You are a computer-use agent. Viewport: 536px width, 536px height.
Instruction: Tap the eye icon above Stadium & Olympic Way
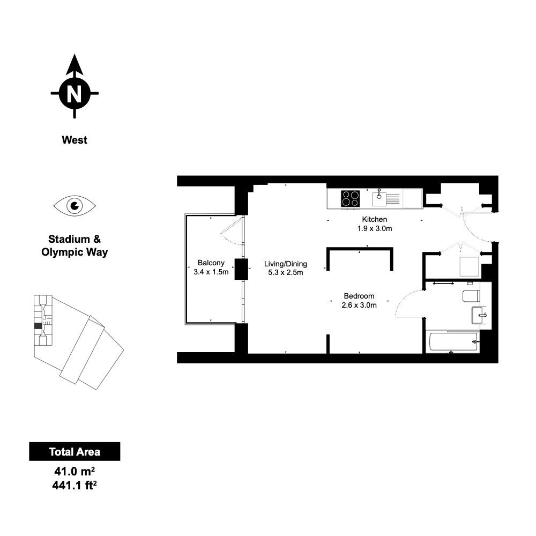point(75,206)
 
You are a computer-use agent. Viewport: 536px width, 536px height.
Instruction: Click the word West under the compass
point(75,140)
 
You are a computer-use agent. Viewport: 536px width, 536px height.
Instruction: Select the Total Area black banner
point(75,451)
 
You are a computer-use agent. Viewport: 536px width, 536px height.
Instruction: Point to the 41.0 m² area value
point(75,472)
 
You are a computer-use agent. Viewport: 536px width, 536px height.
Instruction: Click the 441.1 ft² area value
point(75,485)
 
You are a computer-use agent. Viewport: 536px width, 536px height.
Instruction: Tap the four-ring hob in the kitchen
point(351,199)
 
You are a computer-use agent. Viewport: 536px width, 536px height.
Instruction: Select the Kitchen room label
point(375,219)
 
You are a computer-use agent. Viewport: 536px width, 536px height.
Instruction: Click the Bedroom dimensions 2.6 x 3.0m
point(359,306)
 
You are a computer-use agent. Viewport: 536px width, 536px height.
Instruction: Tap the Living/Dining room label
point(286,264)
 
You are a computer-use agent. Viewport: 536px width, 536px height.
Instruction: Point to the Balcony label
point(211,263)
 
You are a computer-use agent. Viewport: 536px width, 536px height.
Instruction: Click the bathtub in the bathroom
point(453,341)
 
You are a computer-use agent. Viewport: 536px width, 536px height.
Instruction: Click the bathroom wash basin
point(479,315)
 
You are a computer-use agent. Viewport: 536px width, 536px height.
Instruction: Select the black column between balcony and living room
point(241,270)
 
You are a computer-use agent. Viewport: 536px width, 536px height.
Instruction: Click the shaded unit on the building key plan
point(38,326)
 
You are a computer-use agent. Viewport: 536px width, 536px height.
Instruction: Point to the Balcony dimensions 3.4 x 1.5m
point(211,272)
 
